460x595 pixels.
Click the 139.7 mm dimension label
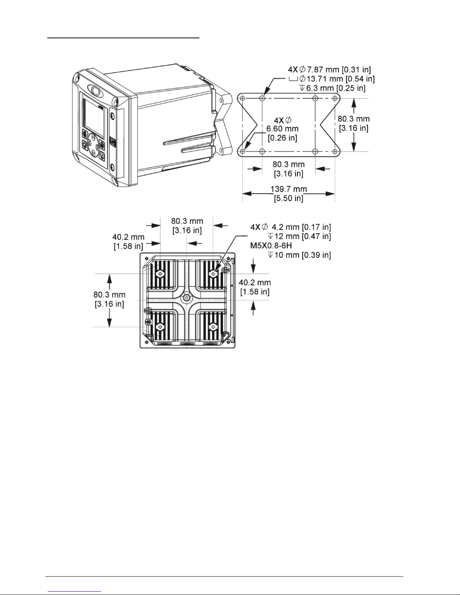(288, 189)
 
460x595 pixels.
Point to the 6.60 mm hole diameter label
(282, 128)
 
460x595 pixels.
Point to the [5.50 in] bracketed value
(288, 198)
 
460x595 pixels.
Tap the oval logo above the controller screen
(95, 91)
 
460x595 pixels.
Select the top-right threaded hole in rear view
(213, 274)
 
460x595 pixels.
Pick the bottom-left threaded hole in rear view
(160, 327)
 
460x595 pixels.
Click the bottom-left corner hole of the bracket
(243, 151)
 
